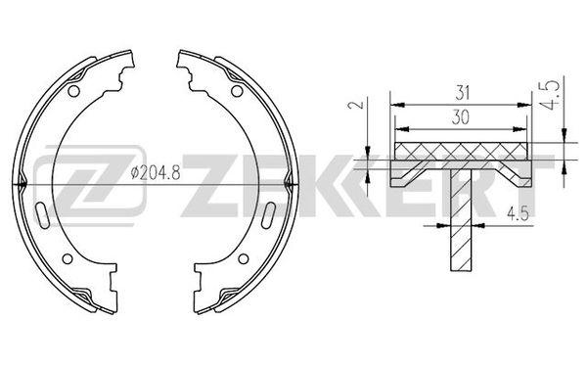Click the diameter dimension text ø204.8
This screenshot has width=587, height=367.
point(156,172)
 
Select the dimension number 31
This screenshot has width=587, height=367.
point(462,93)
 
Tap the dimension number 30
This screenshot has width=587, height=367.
point(460,117)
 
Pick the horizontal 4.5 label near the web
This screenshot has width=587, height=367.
point(518,213)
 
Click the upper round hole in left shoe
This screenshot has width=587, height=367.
point(73,91)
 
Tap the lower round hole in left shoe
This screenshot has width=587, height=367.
point(68,258)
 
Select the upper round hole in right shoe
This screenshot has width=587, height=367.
point(237,91)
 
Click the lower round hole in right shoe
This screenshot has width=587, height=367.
point(244,258)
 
